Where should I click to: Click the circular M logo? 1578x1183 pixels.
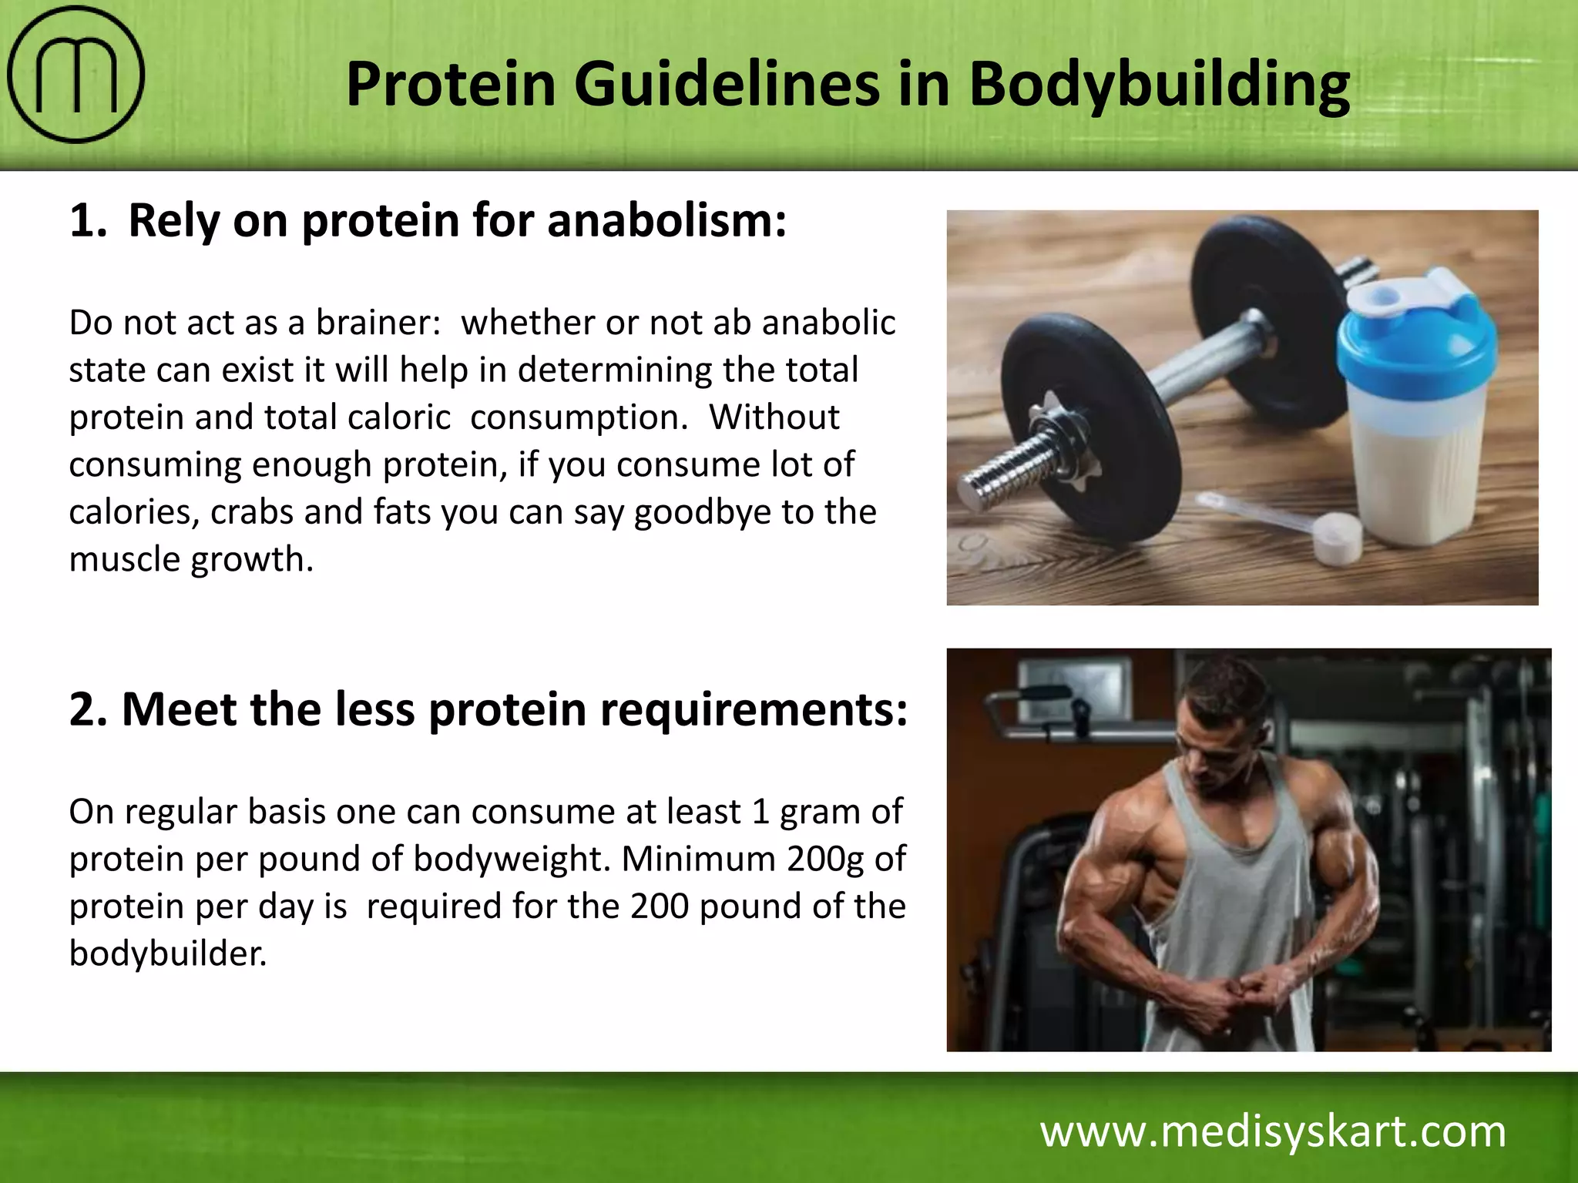[x=76, y=75]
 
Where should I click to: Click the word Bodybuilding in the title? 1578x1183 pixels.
[x=1159, y=85]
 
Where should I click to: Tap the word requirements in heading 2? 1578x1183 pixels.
[x=754, y=709]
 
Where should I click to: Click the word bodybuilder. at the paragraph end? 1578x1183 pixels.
[x=168, y=953]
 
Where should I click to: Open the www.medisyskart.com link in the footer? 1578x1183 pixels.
[x=1273, y=1132]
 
